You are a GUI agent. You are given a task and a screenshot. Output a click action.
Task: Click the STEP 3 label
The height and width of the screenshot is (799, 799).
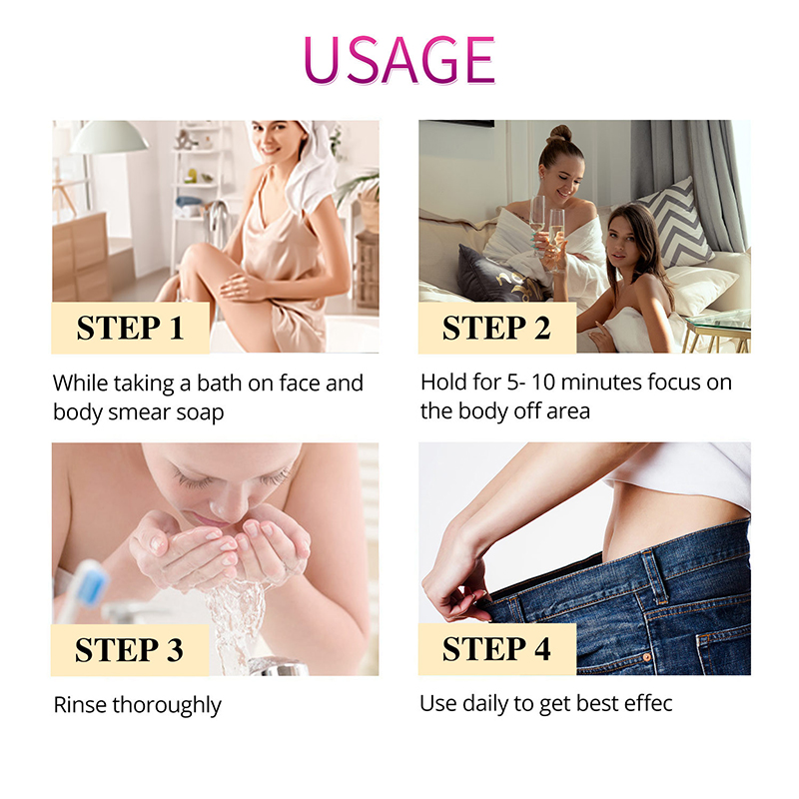pyautogui.click(x=130, y=650)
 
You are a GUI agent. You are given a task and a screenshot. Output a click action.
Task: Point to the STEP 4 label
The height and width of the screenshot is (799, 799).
pyautogui.click(x=496, y=650)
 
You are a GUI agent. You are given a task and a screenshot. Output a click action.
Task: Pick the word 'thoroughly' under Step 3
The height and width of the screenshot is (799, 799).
pyautogui.click(x=167, y=705)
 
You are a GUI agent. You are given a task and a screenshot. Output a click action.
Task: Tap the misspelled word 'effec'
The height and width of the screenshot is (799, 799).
pyautogui.click(x=648, y=703)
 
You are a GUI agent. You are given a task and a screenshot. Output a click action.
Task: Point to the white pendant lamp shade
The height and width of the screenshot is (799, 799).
pyautogui.click(x=109, y=138)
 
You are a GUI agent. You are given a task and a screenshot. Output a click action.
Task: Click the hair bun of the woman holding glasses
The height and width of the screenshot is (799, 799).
pyautogui.click(x=559, y=135)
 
